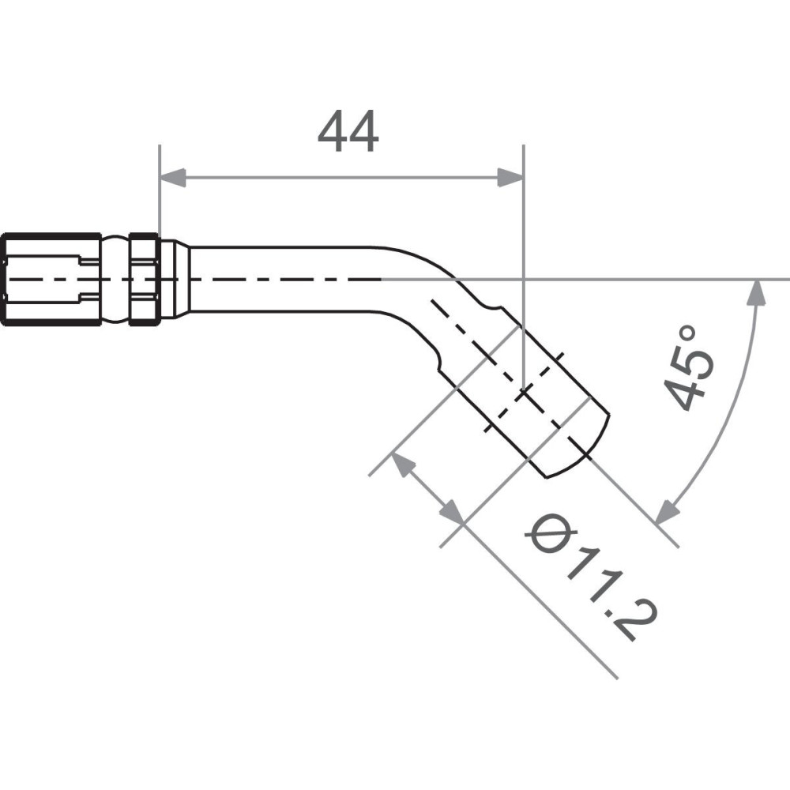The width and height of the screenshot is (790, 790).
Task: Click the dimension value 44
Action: (348, 132)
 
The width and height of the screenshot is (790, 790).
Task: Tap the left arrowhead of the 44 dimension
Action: (172, 178)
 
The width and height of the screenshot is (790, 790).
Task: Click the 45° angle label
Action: (689, 369)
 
